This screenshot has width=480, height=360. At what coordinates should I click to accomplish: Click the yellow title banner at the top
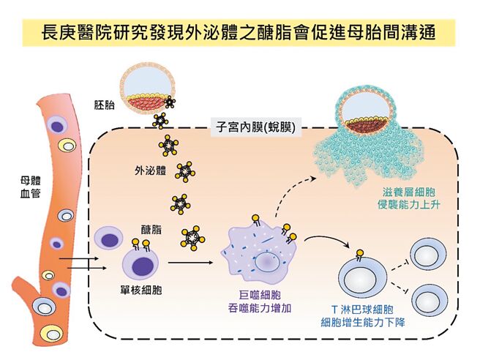point(239,33)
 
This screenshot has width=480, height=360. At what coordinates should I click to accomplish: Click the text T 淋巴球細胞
point(363,308)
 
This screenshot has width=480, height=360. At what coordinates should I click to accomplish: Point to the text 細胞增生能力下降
point(363,323)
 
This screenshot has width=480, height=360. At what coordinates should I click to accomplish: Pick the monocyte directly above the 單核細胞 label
point(139,261)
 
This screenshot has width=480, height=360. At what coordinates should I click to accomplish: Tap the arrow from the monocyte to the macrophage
point(188,261)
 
